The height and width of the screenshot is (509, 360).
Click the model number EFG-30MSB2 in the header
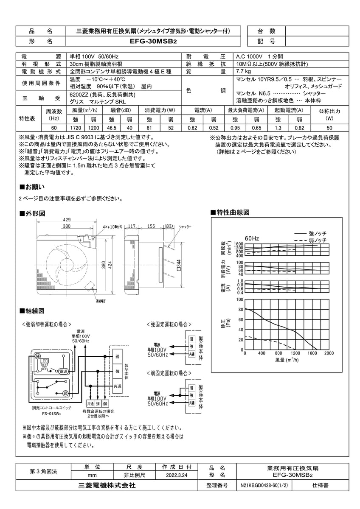tap(153, 42)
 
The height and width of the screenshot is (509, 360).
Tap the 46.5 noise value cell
tap(112, 128)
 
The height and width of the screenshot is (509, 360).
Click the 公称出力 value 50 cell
tap(329, 128)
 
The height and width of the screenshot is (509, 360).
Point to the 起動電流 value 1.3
tap(278, 128)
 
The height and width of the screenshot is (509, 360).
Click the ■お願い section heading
tap(32, 187)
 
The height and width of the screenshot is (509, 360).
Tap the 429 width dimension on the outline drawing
tap(66, 219)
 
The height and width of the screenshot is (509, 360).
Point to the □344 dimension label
tap(179, 265)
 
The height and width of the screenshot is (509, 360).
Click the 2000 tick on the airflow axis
tap(329, 353)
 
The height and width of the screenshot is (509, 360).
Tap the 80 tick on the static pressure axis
tap(241, 310)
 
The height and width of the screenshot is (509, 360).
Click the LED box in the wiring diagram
tap(44, 361)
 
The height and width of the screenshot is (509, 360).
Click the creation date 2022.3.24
tap(177, 476)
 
